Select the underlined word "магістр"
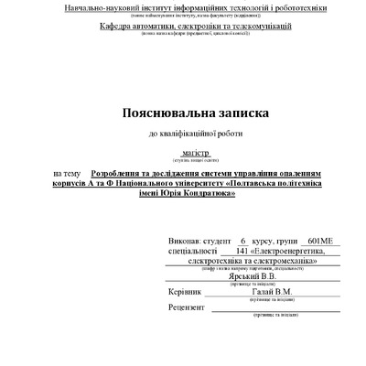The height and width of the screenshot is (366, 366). click(196, 153)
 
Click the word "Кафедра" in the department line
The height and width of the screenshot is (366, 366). click(118, 26)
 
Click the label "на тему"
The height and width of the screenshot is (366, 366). click(67, 172)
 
